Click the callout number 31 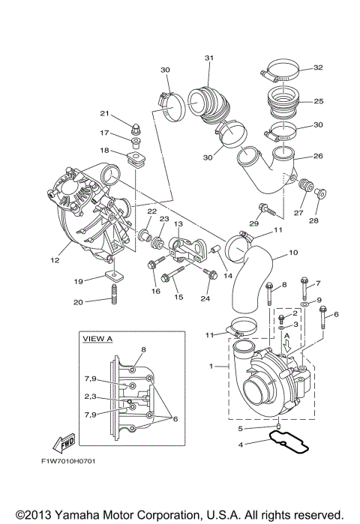pos(208,58)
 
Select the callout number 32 pos(317,67)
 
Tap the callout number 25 pos(317,101)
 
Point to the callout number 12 pos(54,261)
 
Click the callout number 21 pos(106,113)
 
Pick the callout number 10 pos(292,253)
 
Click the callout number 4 pos(241,445)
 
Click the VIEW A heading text pos(97,339)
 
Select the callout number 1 pos(214,367)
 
